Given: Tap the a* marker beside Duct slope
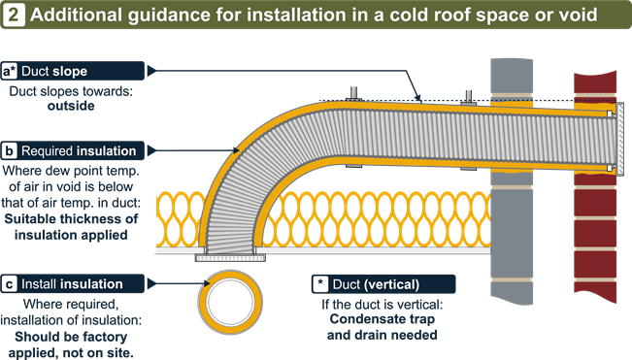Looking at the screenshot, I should click(11, 72).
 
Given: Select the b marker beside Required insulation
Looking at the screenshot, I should click(10, 151).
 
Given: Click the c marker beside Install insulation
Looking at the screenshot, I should click(10, 284).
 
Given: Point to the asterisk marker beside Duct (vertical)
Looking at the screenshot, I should click(320, 284).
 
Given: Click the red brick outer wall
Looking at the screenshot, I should click(593, 223).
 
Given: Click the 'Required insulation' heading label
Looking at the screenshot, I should click(84, 151).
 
